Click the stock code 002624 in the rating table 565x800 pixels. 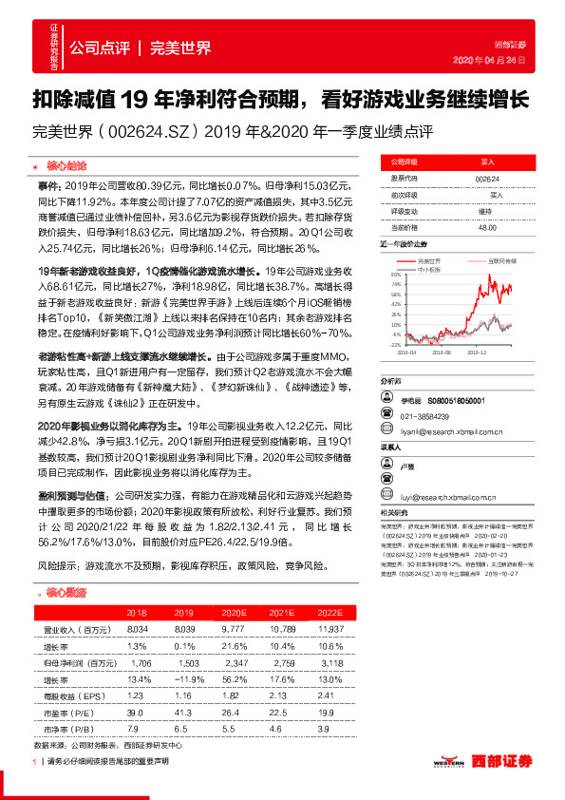pyautogui.click(x=485, y=178)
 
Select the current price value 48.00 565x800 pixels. pyautogui.click(x=487, y=226)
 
